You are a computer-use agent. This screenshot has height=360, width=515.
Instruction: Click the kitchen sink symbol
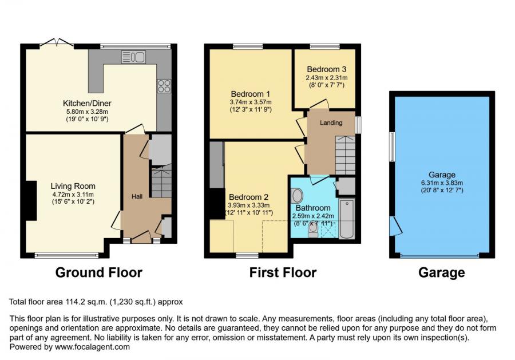[x=134, y=57]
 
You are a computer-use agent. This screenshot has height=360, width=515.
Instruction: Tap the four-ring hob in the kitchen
[x=164, y=86]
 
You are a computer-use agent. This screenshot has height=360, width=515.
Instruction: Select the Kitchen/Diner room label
[x=87, y=103]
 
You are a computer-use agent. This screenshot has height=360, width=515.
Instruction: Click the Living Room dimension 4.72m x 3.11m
[x=73, y=195]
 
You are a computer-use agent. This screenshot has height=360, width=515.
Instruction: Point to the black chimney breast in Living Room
[x=31, y=200]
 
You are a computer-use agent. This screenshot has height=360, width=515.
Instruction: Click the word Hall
[x=137, y=196]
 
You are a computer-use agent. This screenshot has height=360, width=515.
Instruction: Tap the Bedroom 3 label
[x=327, y=69]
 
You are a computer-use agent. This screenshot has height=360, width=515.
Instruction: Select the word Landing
[x=331, y=122]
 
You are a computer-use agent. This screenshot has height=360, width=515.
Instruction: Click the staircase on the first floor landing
[x=345, y=155]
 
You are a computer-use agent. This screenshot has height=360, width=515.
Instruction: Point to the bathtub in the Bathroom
[x=347, y=219]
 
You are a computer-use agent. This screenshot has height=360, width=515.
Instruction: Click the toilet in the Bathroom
[x=313, y=230]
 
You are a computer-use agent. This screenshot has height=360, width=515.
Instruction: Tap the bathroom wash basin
[x=297, y=196]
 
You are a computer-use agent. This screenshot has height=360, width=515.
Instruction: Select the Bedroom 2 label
[x=249, y=197]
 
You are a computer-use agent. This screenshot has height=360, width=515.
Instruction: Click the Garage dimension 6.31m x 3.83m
[x=442, y=183]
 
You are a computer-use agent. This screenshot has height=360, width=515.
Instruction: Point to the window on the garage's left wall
[x=392, y=147]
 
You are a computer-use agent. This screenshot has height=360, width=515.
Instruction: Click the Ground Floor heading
[x=98, y=272]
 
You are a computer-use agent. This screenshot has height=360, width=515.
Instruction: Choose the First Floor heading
[x=283, y=272]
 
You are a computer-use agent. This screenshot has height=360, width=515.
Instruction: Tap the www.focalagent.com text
[x=92, y=347]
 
